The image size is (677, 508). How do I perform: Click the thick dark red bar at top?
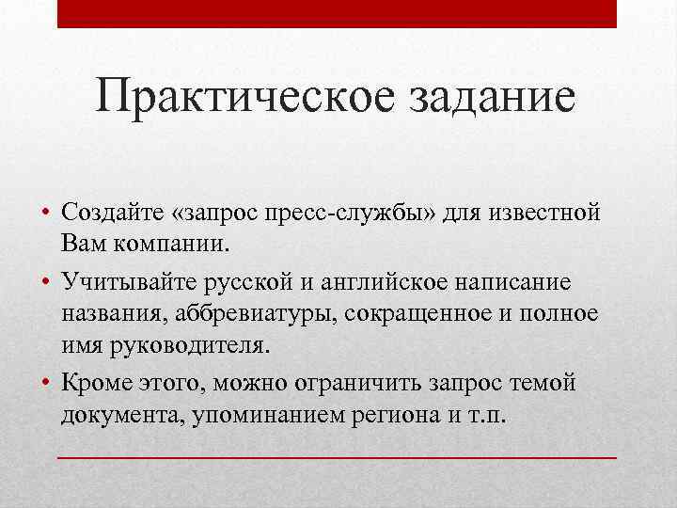click(338, 14)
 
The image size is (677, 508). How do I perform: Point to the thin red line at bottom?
click(338, 456)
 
